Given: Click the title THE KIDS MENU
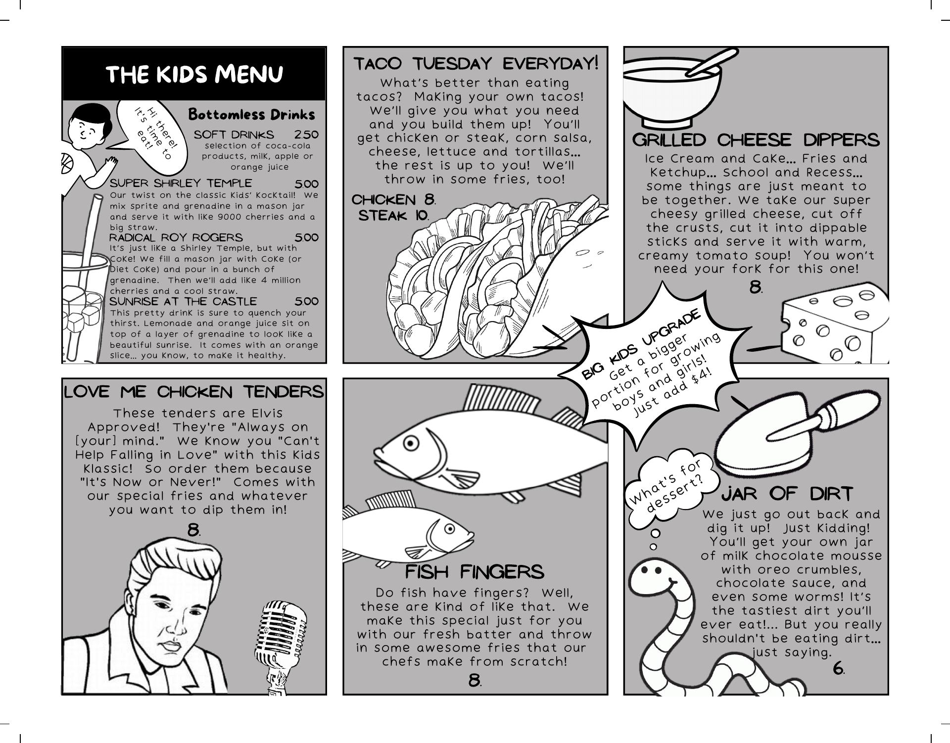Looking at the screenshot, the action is coord(194,74).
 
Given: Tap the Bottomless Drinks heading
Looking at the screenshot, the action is coord(251,115).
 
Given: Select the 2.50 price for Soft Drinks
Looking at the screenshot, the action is coord(306,135).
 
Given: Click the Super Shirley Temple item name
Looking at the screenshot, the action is coord(181,184).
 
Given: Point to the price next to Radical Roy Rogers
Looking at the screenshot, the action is coord(307,237).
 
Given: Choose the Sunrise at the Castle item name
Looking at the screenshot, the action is coord(183,301).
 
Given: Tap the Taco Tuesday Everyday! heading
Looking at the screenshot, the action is coord(476,64).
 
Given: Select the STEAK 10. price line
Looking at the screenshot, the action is coord(394,216).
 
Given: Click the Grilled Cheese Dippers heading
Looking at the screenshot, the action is coord(756,140).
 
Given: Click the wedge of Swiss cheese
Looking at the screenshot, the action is coord(834,323).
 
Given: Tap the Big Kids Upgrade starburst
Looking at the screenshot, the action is coord(649,364).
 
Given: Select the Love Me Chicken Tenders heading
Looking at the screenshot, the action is coord(194,392).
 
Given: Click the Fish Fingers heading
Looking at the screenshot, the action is coord(475,572).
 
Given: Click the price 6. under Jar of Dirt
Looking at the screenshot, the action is coord(839,669).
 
